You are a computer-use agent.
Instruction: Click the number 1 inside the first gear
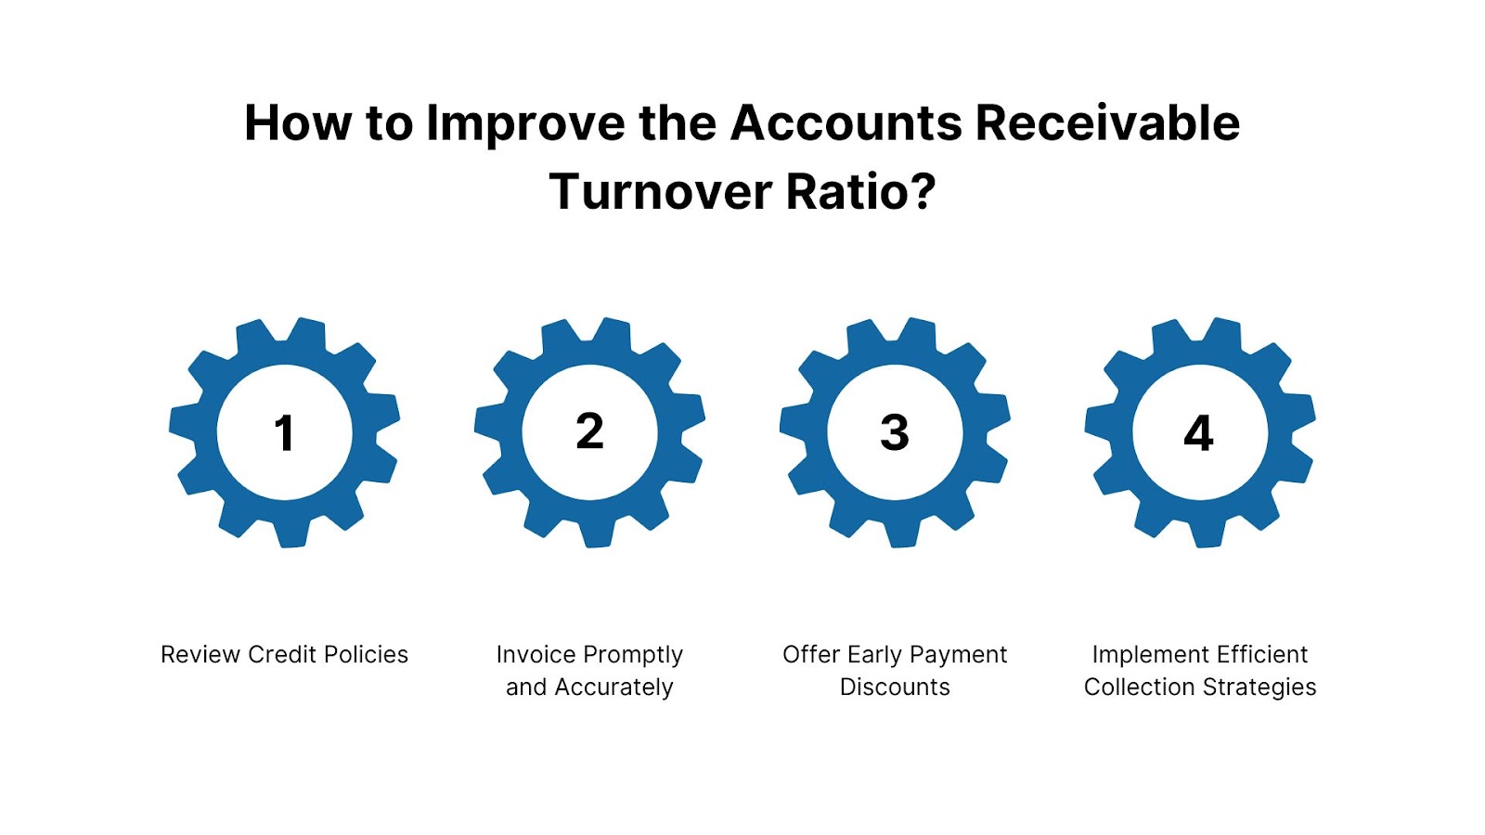[284, 433]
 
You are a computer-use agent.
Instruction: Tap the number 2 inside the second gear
[589, 431]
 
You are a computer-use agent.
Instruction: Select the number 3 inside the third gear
[895, 432]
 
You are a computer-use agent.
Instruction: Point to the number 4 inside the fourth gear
[1199, 433]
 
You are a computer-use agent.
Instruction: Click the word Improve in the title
[525, 123]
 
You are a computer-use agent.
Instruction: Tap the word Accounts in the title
[846, 123]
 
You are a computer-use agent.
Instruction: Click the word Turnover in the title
[660, 192]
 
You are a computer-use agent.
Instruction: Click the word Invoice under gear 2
[536, 655]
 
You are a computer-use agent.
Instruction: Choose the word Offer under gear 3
[811, 655]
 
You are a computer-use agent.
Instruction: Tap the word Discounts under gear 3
[895, 687]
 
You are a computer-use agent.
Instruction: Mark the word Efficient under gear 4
[1262, 655]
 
